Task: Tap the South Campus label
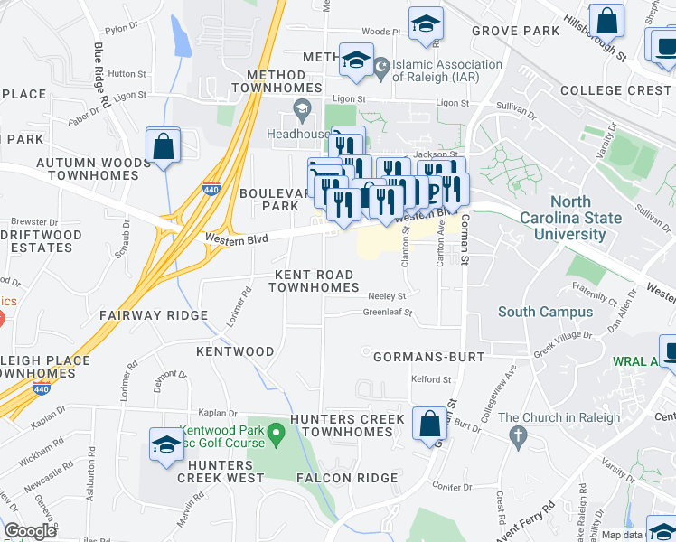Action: coord(546,312)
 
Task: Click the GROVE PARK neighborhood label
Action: coord(516,31)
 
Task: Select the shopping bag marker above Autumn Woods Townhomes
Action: coord(162,146)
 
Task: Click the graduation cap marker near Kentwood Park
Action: coord(166,445)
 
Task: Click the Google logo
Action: coord(30,531)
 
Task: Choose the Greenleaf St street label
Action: coord(388,313)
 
